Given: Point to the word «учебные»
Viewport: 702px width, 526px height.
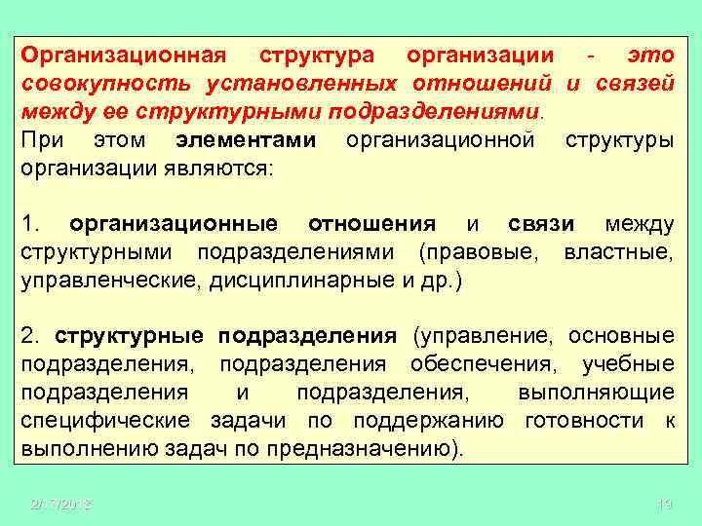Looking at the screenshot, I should [627, 364].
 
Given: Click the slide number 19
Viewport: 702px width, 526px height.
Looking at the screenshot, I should [665, 505].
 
